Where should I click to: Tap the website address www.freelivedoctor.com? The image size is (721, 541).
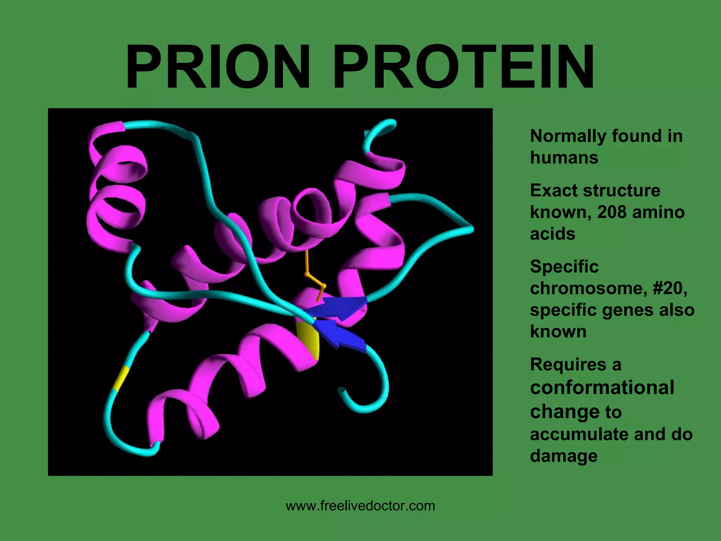(x=360, y=506)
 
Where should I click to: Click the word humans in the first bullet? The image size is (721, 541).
(x=564, y=157)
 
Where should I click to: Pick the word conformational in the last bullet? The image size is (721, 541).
(x=602, y=387)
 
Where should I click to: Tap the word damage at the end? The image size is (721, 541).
(x=564, y=456)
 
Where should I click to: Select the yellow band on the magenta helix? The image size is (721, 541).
(x=308, y=340)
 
